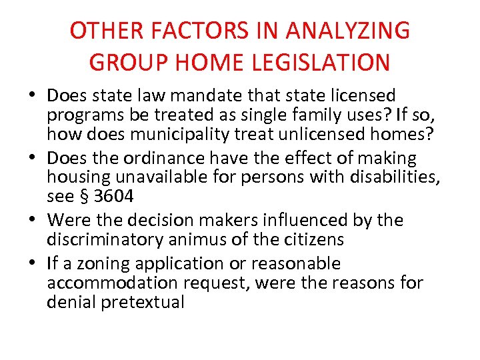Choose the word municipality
pyautogui.click(x=187, y=135)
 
